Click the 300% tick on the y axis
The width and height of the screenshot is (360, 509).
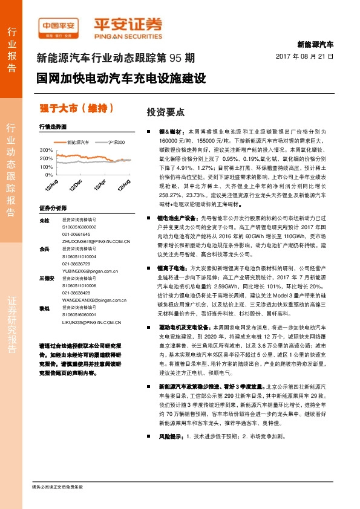tap(46, 149)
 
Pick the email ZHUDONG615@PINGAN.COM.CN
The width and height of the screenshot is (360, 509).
tap(96, 241)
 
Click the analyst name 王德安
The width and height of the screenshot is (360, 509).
tap(44, 278)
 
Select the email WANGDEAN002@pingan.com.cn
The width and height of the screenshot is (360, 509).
tap(96, 299)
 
